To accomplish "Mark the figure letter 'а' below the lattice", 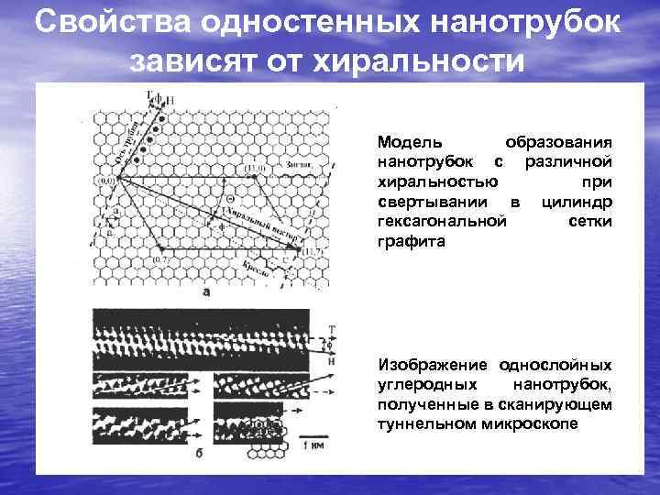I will tap(205, 292).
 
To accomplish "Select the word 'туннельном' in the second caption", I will tap(415, 424).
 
